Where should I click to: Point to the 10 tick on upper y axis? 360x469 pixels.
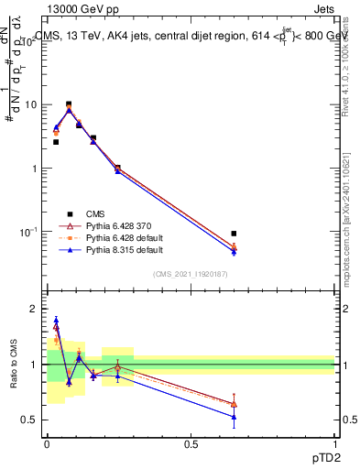[31, 105]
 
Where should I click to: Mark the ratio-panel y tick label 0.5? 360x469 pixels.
[32, 420]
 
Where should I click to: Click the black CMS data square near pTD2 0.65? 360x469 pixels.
[234, 234]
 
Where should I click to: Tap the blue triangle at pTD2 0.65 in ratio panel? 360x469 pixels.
[234, 417]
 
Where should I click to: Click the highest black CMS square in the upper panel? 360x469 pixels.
[69, 104]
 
